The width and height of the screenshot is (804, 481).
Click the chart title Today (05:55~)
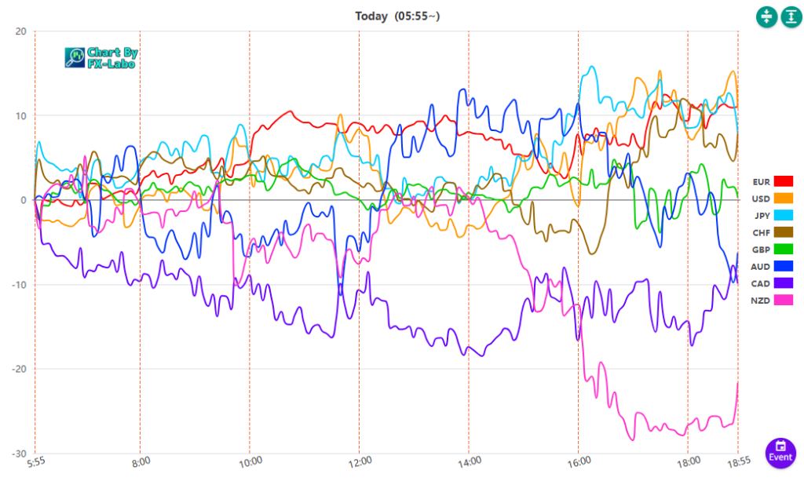(401, 16)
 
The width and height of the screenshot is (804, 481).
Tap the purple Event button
(780, 453)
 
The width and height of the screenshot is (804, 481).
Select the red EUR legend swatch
(784, 182)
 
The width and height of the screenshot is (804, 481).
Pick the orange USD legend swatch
(784, 199)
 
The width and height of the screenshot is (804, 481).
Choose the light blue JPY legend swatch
(784, 216)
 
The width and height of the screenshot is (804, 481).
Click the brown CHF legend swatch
(784, 232)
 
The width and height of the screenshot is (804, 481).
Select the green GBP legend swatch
(784, 250)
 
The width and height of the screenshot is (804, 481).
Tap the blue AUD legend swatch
(784, 267)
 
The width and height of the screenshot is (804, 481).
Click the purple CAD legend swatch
(784, 283)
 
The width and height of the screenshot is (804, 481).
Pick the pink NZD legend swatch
(784, 301)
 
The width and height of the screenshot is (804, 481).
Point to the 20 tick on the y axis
(20, 31)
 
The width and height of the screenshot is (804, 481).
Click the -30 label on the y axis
(18, 454)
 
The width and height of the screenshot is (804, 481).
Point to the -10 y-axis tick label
(18, 285)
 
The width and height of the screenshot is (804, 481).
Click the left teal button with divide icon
(766, 16)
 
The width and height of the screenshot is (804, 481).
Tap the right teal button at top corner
(790, 16)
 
